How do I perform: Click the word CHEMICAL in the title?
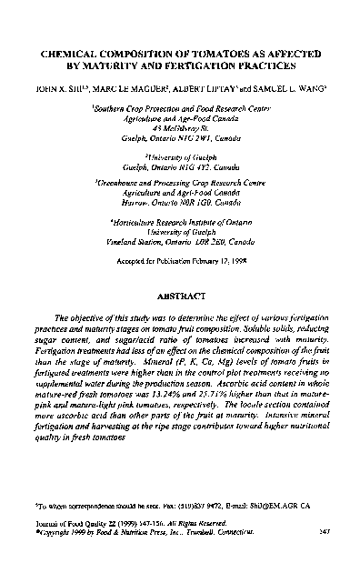click(x=65, y=55)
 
